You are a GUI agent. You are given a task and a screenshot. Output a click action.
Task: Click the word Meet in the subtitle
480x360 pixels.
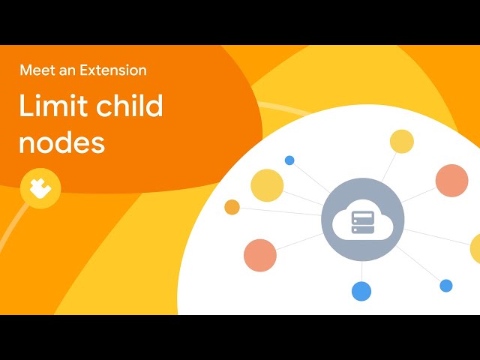(x=37, y=70)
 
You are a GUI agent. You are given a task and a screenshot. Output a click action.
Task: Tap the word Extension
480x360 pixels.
(x=113, y=70)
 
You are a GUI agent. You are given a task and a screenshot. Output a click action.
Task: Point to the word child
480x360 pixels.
(x=130, y=105)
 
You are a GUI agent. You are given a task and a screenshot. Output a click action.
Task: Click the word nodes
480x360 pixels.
(x=62, y=142)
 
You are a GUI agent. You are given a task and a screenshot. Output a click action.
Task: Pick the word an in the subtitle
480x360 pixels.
(x=67, y=71)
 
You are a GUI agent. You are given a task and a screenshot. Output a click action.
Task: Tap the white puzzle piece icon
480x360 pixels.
(x=40, y=188)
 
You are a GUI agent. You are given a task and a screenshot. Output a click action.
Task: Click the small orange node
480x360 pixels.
(x=232, y=207)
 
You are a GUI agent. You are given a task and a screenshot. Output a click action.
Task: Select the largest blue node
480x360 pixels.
(x=361, y=291)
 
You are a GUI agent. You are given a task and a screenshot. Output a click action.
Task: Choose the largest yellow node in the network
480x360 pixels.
(x=267, y=185)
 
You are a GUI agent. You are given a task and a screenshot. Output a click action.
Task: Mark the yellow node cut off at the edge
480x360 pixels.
(x=475, y=248)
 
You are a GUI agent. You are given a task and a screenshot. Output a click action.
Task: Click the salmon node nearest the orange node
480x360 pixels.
(x=260, y=255)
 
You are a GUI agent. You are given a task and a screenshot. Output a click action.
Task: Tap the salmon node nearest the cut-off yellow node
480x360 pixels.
(x=451, y=181)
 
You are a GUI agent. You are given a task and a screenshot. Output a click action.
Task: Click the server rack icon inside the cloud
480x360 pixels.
(x=363, y=222)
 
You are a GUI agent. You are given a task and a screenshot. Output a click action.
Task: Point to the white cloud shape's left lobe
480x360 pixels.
(x=340, y=226)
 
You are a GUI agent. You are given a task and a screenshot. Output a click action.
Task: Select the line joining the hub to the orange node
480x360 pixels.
(x=280, y=211)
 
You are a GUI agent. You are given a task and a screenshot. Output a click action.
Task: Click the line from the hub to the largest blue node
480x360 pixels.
(x=361, y=271)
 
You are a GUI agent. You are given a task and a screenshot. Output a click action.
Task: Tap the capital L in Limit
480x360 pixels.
(x=25, y=105)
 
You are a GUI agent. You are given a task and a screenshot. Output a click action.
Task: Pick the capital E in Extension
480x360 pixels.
(x=84, y=70)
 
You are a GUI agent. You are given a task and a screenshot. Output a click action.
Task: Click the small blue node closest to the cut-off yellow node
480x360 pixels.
(x=446, y=286)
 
